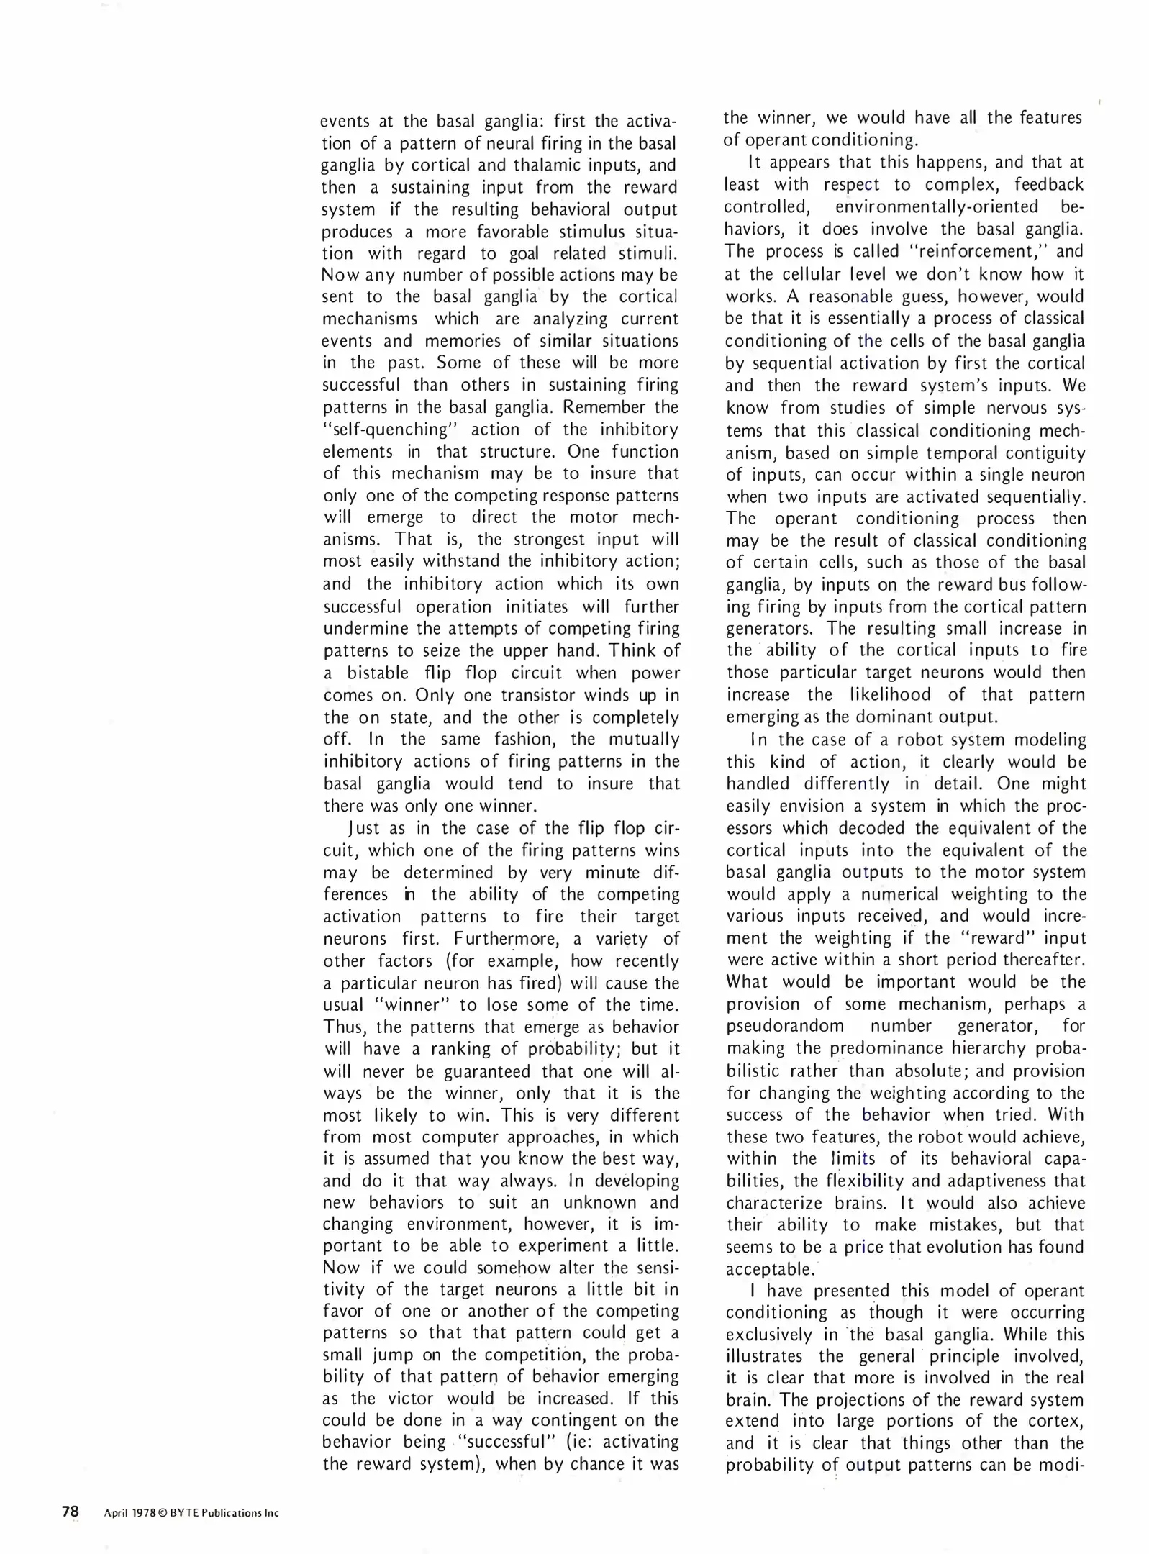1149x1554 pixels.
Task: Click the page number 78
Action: coord(70,1512)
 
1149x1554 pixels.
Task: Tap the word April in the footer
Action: coord(115,1513)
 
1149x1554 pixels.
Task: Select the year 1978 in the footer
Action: coord(143,1513)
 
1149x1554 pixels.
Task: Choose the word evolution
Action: coord(964,1247)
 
